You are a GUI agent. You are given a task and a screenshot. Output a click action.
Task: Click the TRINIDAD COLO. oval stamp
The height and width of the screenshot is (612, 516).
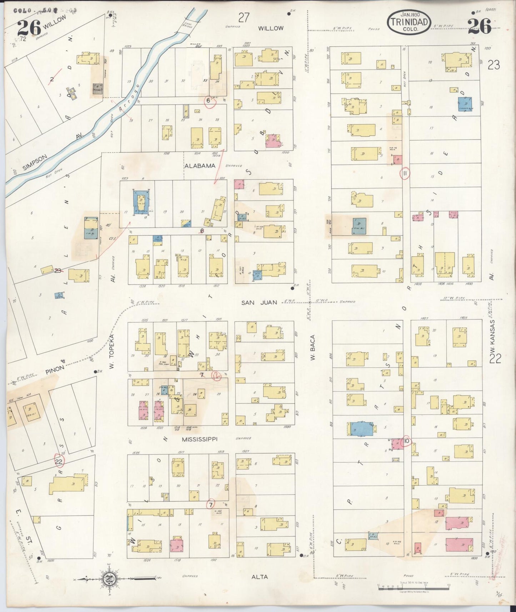(409, 22)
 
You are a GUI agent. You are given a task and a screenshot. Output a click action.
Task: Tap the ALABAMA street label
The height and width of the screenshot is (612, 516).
(200, 166)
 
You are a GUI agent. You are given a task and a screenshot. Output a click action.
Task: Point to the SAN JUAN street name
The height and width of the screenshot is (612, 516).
(259, 302)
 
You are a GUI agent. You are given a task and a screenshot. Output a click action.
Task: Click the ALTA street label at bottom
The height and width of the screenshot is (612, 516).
(260, 577)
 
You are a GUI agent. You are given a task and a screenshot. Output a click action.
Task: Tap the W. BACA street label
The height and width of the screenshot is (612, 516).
(313, 347)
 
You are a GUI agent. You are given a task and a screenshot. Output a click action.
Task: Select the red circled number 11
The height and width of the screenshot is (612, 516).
(405, 173)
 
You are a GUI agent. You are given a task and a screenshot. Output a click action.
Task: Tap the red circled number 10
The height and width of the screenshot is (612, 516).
(406, 442)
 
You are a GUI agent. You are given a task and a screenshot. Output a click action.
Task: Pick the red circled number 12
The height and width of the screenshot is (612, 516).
(216, 376)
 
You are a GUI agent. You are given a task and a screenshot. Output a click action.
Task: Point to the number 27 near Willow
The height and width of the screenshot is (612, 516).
(244, 17)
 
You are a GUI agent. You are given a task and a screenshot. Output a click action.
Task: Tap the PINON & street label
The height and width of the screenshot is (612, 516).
(55, 368)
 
